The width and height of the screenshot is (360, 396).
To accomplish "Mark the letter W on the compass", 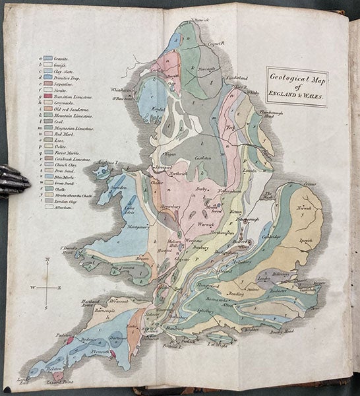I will click(33, 288).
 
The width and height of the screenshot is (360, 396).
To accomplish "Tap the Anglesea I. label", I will click(106, 162).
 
